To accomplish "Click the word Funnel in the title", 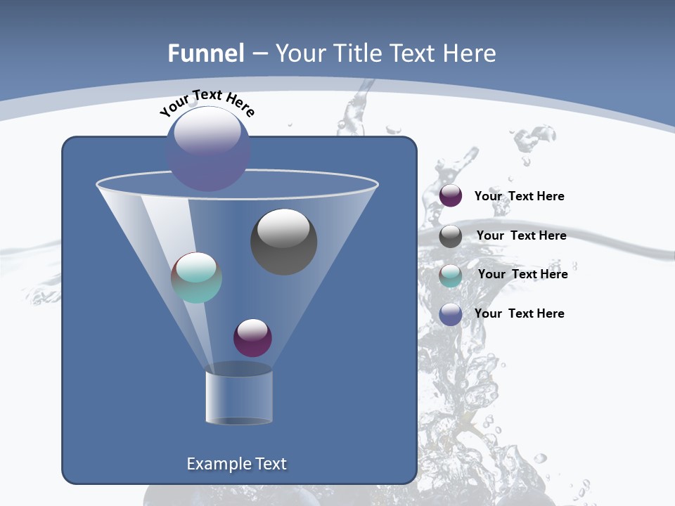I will tap(206, 53).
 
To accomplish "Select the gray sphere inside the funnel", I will tap(283, 241).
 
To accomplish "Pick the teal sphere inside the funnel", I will tap(196, 278).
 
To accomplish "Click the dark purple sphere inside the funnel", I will tap(252, 337).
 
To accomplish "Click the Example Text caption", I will tap(237, 464).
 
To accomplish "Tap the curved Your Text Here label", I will tap(207, 103).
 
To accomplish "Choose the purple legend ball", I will tap(451, 196).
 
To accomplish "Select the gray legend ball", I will tap(451, 236).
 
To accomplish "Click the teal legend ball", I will tap(451, 275).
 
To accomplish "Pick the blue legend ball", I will tap(451, 314).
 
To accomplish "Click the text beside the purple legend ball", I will tap(519, 197).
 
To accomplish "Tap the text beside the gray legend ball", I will tap(521, 236).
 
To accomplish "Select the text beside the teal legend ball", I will tap(522, 275).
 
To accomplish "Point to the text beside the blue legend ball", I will tap(519, 313).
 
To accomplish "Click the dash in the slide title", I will tap(259, 53).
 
